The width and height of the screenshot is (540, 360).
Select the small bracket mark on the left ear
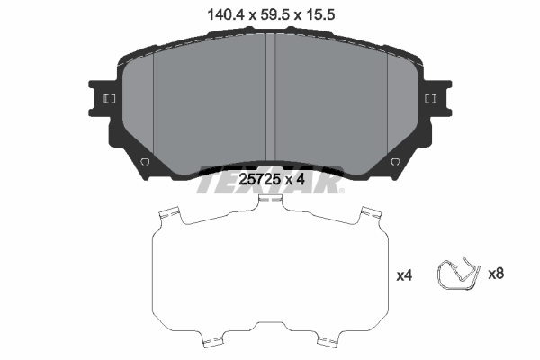coord(109,99)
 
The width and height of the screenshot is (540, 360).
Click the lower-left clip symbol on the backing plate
coord(145,161)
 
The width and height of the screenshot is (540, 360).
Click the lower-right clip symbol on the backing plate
coord(395,161)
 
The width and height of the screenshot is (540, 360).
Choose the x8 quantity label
coord(495,273)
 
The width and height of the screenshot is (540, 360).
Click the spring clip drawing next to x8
coord(458,274)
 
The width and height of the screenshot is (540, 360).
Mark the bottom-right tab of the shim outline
coord(332,343)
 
